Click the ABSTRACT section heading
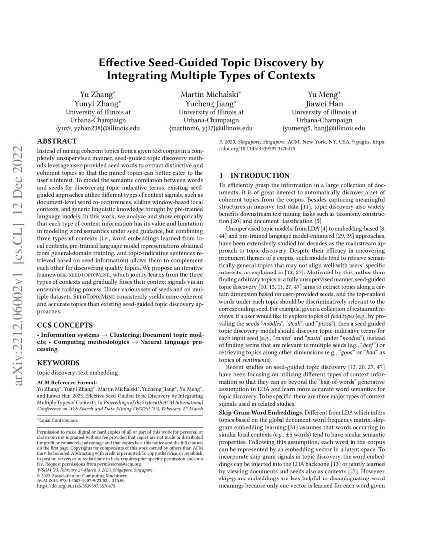(x=57, y=141)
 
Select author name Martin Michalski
(x=211, y=94)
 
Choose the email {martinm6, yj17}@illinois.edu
(x=211, y=128)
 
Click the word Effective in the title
(x=122, y=63)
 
